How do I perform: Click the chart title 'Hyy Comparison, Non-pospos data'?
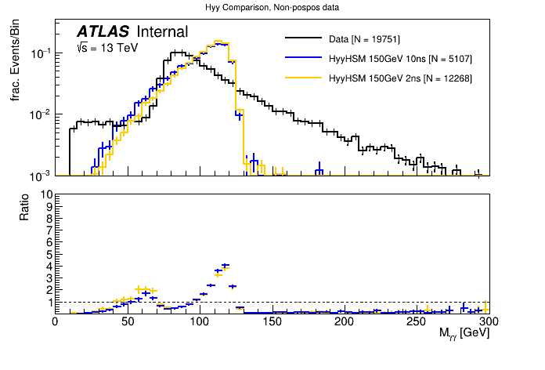(272, 7)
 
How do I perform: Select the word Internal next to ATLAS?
(162, 32)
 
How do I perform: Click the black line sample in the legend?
(305, 38)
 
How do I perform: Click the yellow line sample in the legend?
(305, 78)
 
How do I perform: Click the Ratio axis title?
(24, 206)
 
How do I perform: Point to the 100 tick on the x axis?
(200, 321)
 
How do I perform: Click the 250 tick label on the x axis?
(417, 321)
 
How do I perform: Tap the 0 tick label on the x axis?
(55, 321)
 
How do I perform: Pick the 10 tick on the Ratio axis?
(47, 194)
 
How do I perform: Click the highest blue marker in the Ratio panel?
(226, 266)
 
